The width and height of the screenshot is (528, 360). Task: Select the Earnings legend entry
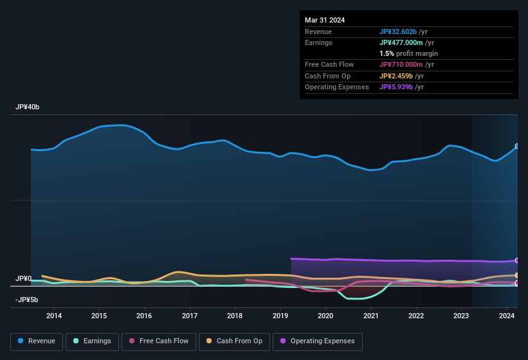[91, 341]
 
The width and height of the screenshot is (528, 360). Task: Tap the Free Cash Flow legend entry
[158, 341]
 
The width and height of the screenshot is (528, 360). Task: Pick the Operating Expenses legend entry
[317, 341]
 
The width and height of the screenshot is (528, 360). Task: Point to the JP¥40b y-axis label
[28, 107]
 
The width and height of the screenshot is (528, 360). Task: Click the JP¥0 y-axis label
[24, 279]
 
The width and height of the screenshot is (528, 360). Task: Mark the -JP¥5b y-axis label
[26, 300]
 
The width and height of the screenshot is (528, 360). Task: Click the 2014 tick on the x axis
[54, 316]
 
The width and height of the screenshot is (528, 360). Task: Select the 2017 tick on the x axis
[190, 316]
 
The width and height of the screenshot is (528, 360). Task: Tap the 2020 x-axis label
[325, 316]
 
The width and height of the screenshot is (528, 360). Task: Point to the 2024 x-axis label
[507, 316]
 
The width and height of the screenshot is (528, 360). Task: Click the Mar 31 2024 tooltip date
[325, 20]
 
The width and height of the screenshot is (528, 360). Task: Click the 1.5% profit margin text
[408, 53]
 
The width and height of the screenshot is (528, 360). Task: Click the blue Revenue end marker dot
[517, 147]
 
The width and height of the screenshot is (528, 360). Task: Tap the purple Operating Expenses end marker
[517, 260]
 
